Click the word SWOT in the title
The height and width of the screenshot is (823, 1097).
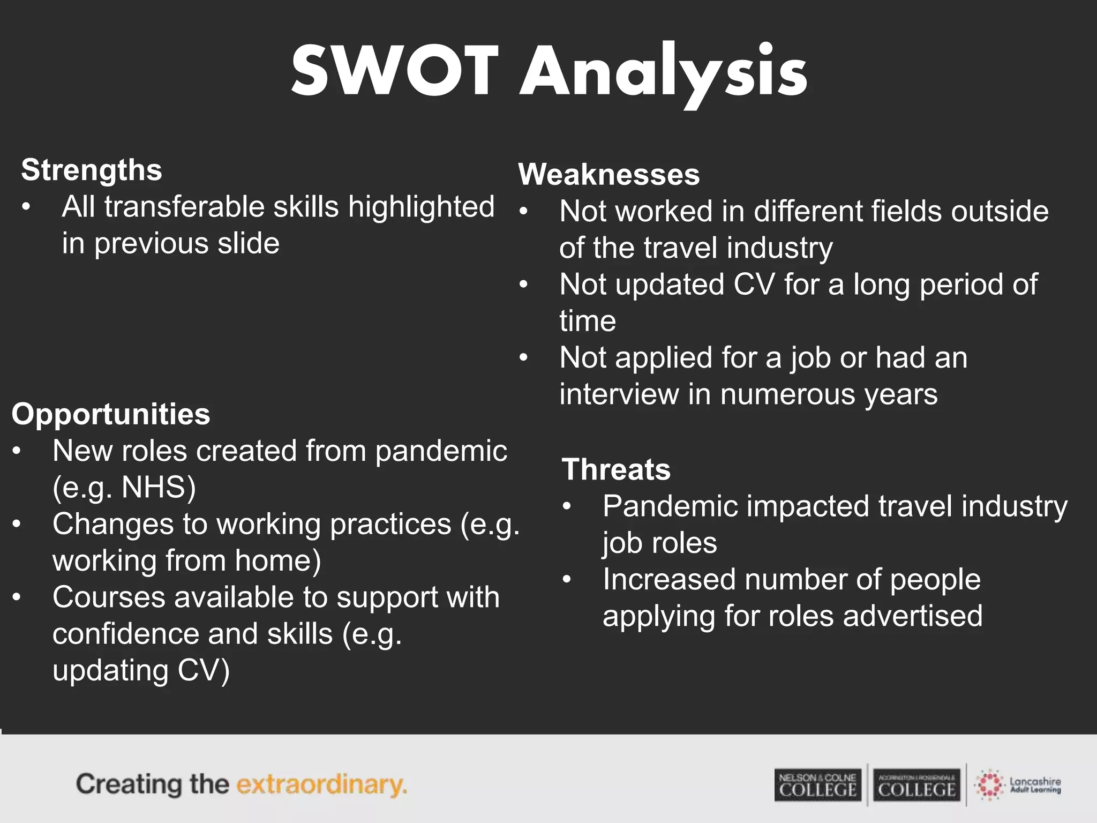tap(395, 71)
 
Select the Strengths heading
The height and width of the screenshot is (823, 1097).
tap(92, 170)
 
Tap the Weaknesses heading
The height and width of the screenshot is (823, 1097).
tap(609, 174)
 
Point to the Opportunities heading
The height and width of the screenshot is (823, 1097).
tap(111, 414)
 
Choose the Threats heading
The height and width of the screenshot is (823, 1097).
tap(616, 469)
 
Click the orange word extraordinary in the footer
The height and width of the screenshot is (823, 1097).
tap(321, 784)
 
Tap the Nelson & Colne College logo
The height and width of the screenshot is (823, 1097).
tap(817, 785)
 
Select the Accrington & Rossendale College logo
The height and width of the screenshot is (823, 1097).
tap(916, 785)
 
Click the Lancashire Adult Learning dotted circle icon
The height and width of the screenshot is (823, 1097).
tap(989, 785)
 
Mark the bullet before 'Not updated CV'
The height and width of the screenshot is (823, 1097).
tap(523, 285)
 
